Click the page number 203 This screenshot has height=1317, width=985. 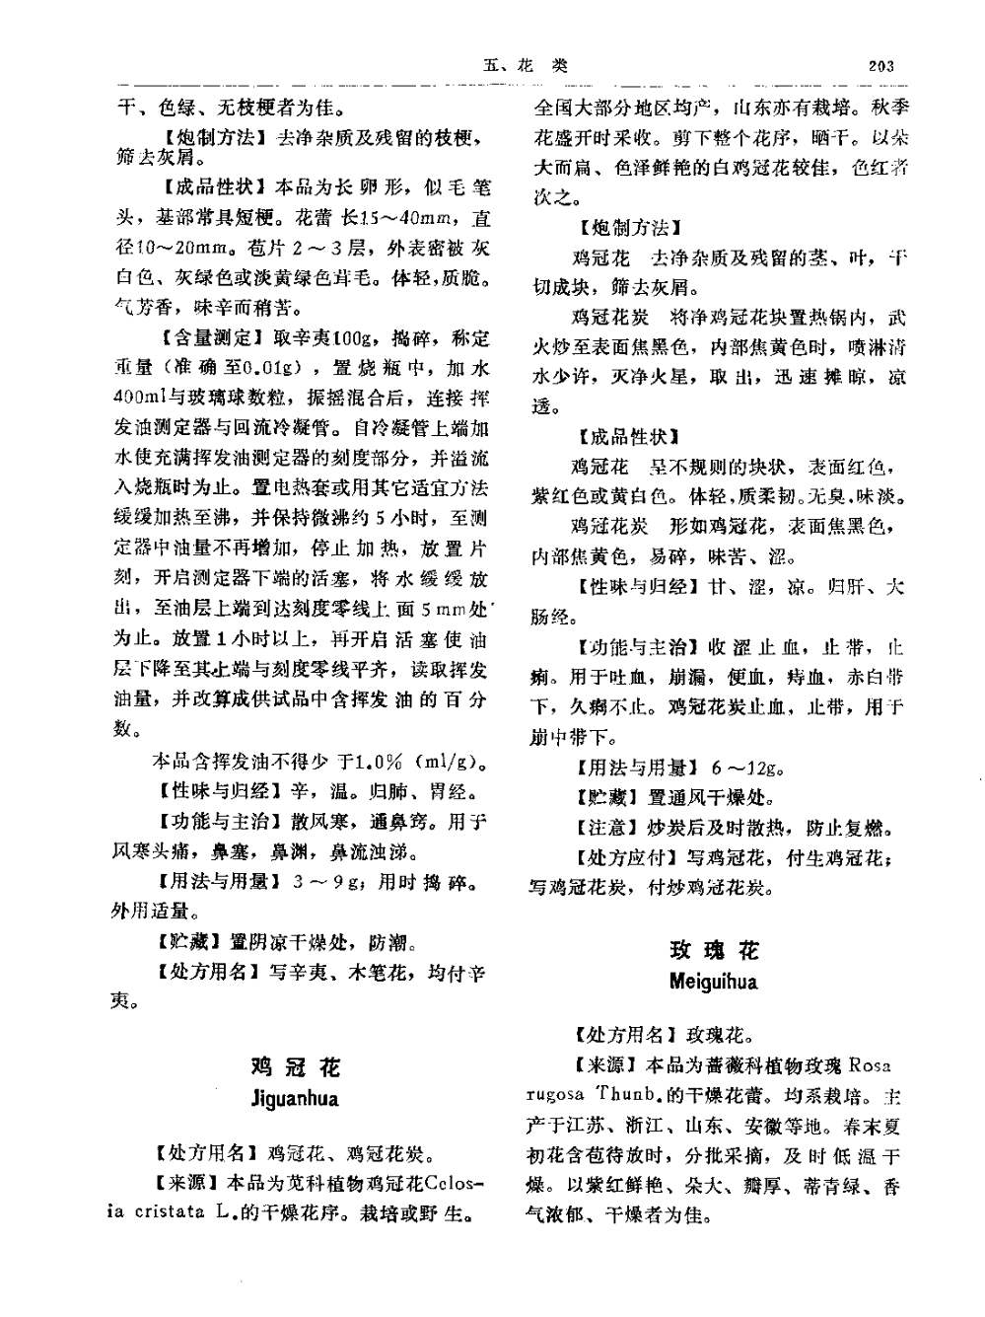pos(880,66)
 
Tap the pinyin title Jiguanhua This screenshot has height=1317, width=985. pos(295,1098)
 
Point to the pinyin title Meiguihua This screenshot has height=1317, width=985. pos(714,982)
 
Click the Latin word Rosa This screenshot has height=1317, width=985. pos(870,1065)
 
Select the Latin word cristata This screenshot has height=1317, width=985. pos(169,1211)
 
